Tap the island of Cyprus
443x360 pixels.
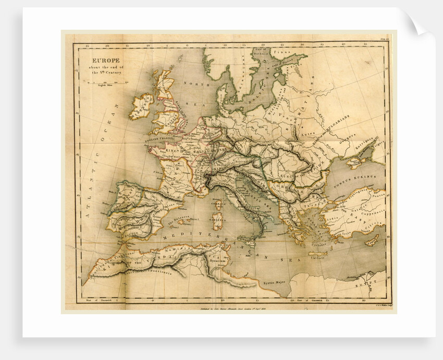click(x=371, y=241)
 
